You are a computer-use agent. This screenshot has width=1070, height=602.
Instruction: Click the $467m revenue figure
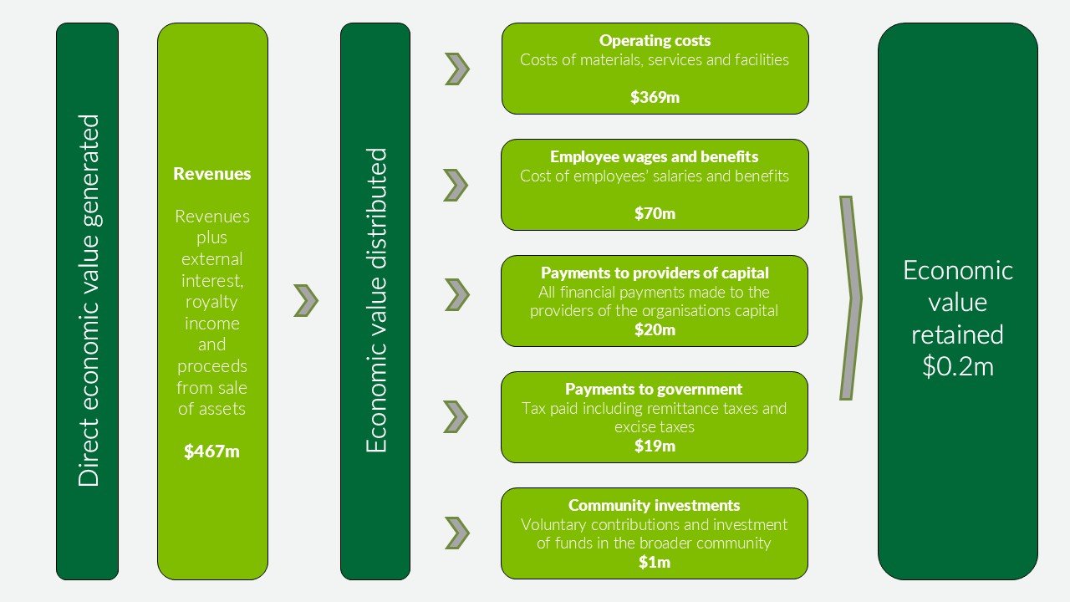[x=211, y=451]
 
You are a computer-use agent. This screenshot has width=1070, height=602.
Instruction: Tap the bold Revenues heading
[x=211, y=173]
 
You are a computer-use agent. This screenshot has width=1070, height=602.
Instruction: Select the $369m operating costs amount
[x=655, y=97]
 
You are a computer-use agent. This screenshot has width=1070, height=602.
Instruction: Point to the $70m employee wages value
[x=655, y=213]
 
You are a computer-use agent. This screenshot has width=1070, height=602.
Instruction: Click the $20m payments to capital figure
[x=655, y=329]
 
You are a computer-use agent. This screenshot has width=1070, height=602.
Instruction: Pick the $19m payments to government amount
[x=655, y=446]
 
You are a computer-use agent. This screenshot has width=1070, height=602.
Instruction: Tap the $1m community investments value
[x=655, y=562]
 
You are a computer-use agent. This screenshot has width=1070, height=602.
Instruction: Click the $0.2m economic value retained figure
[x=958, y=366]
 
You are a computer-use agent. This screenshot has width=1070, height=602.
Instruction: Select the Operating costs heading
[x=655, y=41]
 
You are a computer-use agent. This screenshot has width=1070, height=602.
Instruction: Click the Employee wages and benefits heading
[x=655, y=156]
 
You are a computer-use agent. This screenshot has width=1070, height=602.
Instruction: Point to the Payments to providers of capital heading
[x=655, y=273]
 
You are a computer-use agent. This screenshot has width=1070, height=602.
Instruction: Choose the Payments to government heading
[x=654, y=389]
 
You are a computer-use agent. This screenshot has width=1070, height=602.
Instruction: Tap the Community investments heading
[x=655, y=505]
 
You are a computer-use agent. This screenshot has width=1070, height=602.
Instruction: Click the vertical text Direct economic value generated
[x=89, y=300]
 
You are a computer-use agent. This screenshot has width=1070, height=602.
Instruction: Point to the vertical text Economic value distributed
[x=376, y=300]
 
